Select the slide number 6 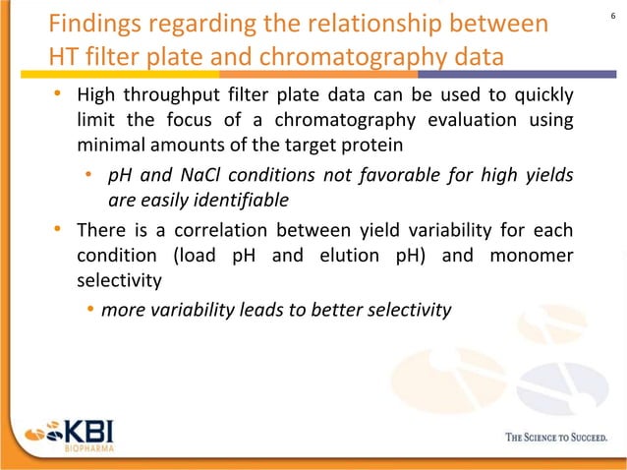pos(612,14)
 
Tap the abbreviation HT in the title pos(66,57)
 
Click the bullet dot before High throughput pos(59,95)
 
